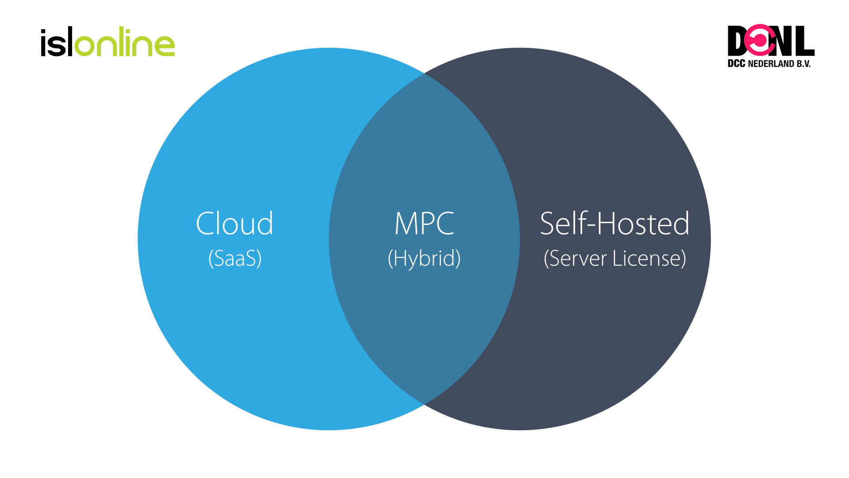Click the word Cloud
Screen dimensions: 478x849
[234, 224]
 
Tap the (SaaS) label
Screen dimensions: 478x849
[235, 258]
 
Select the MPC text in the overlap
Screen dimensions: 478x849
[424, 224]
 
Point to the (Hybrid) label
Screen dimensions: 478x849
[424, 258]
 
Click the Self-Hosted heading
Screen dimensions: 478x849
[615, 224]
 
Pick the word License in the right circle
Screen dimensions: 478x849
[649, 258]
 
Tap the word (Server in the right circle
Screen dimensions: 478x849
[575, 258]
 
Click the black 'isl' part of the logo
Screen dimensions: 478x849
[56, 43]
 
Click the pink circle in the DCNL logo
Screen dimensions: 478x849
[760, 40]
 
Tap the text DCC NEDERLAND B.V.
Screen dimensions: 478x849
[769, 64]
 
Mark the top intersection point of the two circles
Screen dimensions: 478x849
[424, 73]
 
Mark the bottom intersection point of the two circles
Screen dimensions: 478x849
[424, 404]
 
